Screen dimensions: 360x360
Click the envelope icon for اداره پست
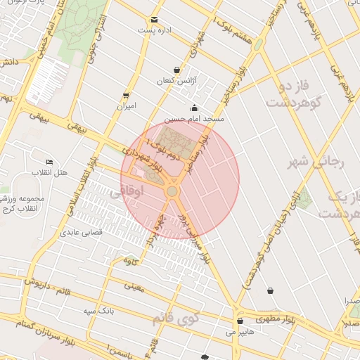point(154,20)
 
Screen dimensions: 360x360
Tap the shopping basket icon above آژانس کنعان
point(176,70)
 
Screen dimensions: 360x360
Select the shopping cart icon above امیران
point(126,95)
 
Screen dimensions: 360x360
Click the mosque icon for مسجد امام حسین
point(194,108)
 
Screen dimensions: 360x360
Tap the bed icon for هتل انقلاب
point(49,162)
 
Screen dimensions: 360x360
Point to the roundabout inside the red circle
point(172,191)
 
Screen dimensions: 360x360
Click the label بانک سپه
point(98,310)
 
